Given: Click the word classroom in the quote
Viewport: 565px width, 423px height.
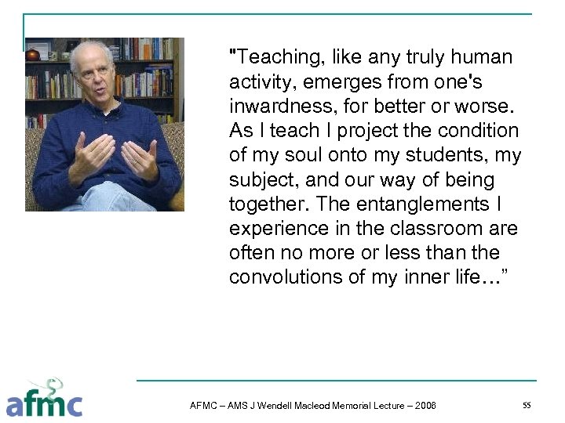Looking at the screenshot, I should [x=439, y=229].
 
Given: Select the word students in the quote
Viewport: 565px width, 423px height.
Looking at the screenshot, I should [x=444, y=155].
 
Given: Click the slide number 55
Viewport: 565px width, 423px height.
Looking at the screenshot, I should [x=527, y=405].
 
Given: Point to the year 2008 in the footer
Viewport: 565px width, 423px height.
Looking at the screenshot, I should [x=425, y=406].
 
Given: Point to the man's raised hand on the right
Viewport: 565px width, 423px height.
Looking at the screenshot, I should [x=141, y=157].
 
